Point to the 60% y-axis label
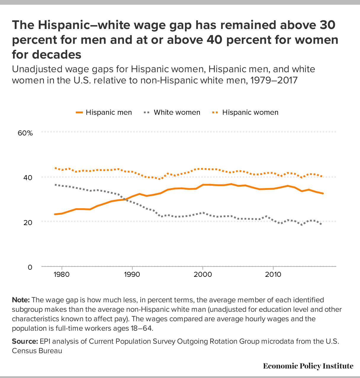pos(25,133)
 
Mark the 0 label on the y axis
pos(30,267)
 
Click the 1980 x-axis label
pos(62,274)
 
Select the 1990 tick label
pos(132,274)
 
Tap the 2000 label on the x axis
pos(202,274)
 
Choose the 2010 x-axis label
pos(273,274)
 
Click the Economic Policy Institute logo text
pos(308,366)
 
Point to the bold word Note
pos(21,300)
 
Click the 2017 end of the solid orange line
pos(323,193)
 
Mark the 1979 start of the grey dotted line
pos(55,185)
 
